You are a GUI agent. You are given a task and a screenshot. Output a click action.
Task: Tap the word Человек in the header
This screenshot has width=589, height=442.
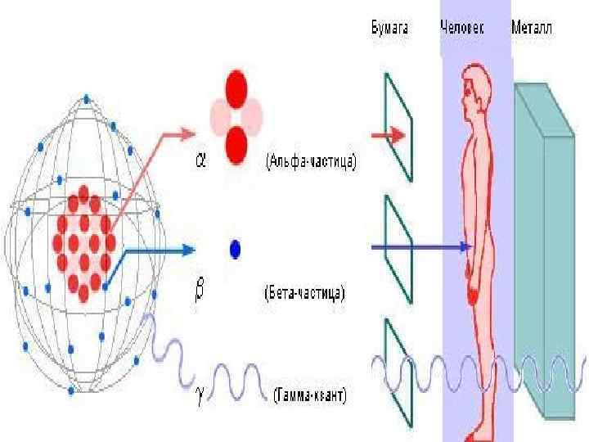tap(462, 29)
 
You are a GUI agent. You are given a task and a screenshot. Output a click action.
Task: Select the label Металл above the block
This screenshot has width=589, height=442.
tap(531, 29)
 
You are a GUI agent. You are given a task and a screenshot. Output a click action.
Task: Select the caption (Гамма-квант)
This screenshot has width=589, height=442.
tap(308, 396)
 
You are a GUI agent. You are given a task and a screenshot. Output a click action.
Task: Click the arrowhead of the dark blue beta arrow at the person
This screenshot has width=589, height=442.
tap(466, 246)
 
